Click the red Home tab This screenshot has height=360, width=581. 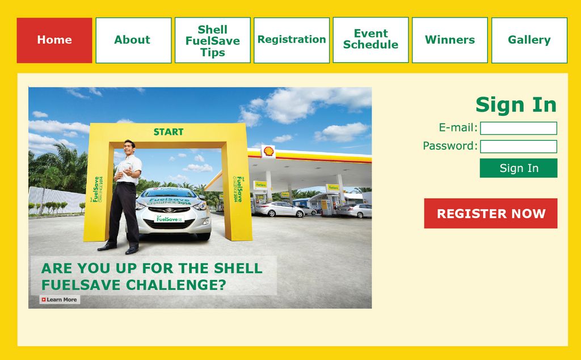[54, 40]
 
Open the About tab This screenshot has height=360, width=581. [133, 40]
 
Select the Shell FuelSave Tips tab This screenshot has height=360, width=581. [212, 40]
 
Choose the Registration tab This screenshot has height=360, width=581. [292, 40]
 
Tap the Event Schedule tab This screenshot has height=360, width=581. [371, 40]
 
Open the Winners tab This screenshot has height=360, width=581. [449, 40]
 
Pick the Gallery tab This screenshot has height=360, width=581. [529, 40]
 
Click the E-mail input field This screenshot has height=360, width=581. [518, 128]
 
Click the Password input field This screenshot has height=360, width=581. [518, 146]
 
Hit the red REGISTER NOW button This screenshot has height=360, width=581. [490, 214]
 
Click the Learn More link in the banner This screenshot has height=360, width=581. [60, 300]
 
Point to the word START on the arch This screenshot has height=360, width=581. [169, 132]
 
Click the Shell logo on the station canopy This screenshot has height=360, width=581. [268, 151]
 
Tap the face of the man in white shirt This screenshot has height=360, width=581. [129, 148]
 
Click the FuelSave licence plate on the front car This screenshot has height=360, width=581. [170, 219]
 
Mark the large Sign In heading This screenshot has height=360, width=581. [516, 105]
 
